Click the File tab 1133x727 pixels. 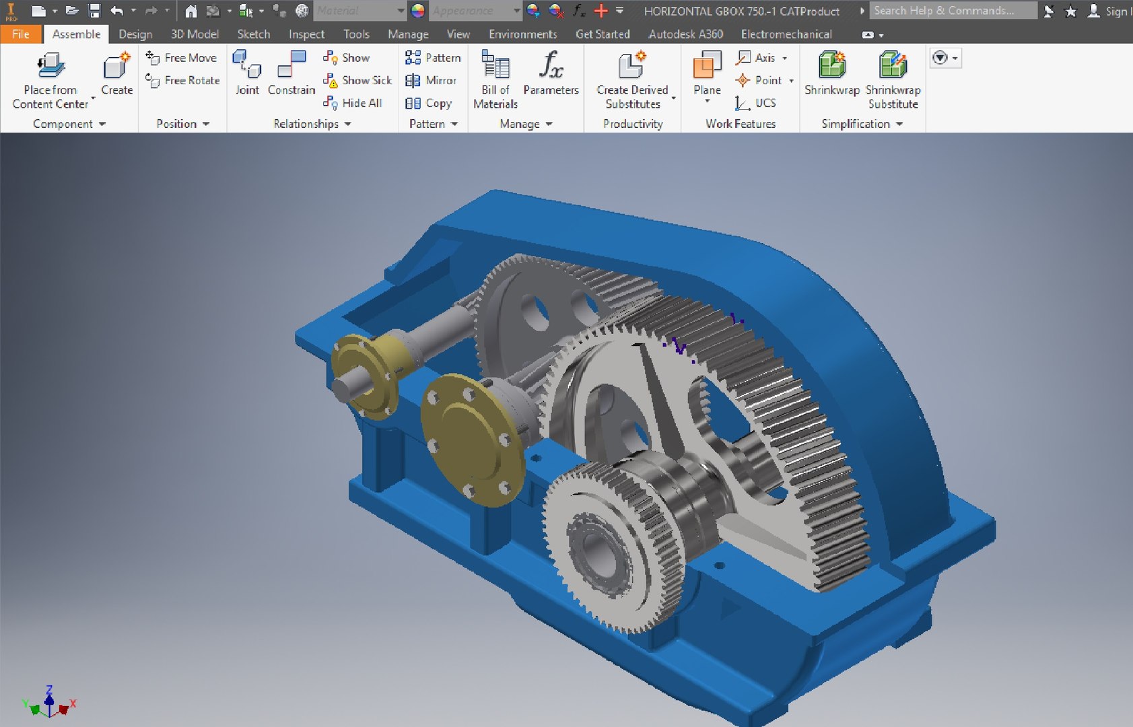coord(20,34)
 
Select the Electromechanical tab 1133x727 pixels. coord(786,34)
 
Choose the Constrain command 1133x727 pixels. coord(291,74)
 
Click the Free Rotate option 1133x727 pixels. coord(183,81)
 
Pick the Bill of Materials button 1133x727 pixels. coord(495,79)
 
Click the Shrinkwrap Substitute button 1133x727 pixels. coord(893,79)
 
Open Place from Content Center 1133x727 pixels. coord(50,79)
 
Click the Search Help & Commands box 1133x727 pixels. coord(952,11)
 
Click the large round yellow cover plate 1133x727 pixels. coord(471,441)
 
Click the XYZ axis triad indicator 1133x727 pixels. coord(49,703)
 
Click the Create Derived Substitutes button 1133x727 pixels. coord(632,79)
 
